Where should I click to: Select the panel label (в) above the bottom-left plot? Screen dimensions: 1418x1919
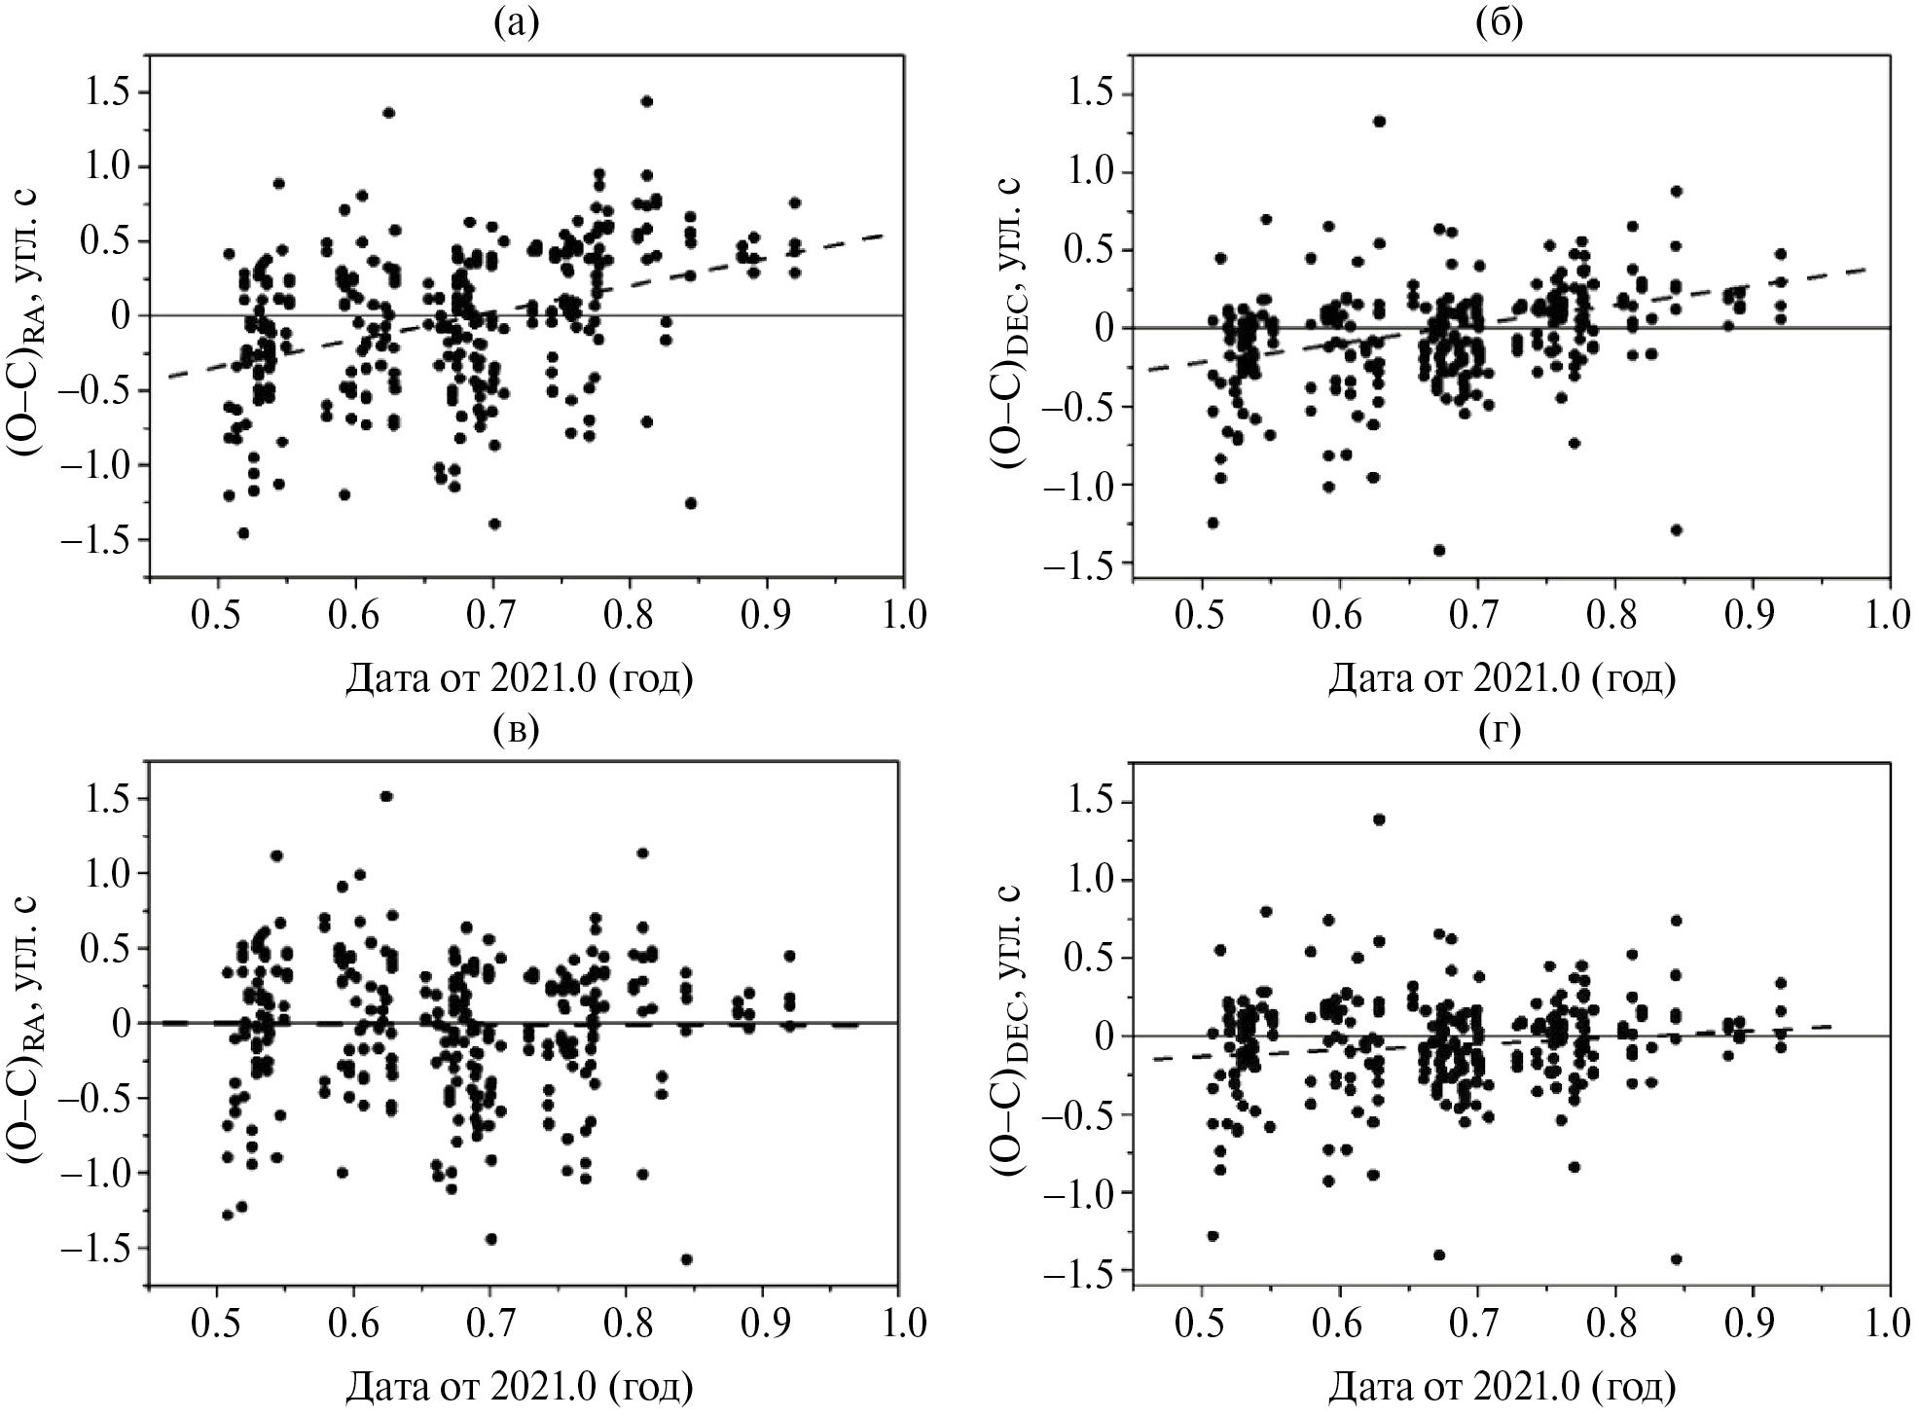coord(516,728)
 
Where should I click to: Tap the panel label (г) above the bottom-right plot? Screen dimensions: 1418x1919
coord(1500,728)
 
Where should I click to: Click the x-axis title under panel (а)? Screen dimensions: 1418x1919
coord(519,677)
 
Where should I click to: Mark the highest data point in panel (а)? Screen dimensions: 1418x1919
coord(646,101)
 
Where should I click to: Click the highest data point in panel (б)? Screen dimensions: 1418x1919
coord(1379,121)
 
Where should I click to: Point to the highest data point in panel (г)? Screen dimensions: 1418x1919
coord(1379,819)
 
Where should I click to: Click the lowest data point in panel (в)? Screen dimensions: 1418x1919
coord(686,1259)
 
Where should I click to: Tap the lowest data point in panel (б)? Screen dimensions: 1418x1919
coord(1439,550)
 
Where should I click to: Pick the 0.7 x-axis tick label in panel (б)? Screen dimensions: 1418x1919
coord(1477,618)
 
